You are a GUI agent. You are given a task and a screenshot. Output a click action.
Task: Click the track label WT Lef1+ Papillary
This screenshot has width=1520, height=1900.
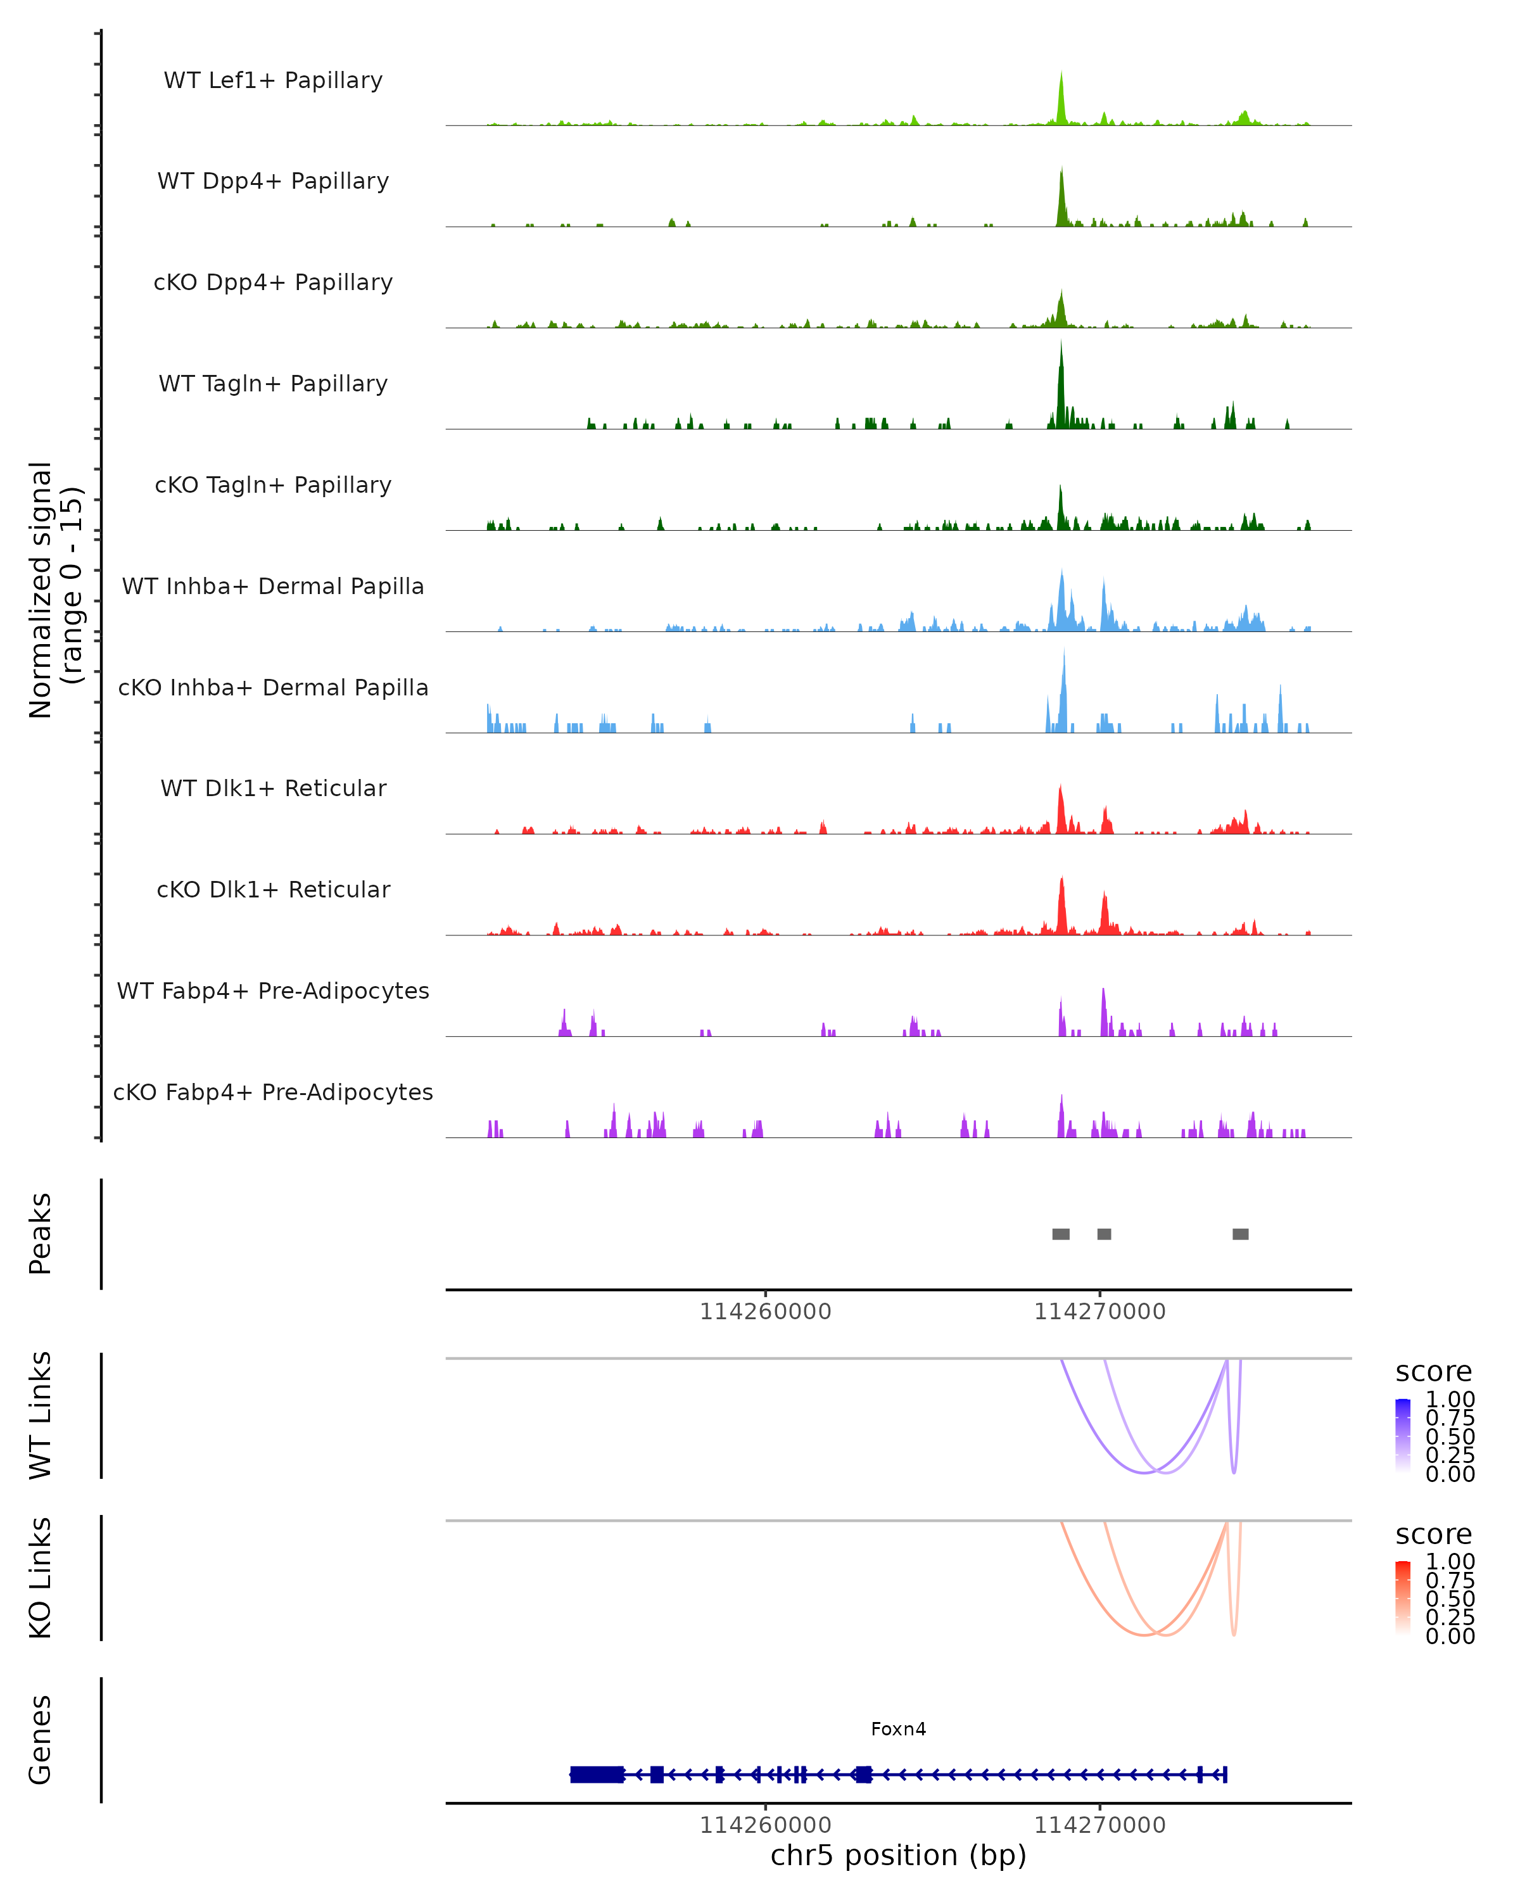[x=273, y=80]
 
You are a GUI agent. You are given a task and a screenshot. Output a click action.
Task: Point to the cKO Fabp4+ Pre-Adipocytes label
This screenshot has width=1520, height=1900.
[x=273, y=1092]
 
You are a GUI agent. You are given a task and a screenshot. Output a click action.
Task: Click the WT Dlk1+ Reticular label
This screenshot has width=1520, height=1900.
[x=273, y=788]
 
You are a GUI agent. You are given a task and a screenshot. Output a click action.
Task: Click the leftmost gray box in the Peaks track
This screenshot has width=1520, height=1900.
[x=1061, y=1234]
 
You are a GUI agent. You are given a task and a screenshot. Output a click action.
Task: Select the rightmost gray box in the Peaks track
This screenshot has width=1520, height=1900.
[x=1240, y=1234]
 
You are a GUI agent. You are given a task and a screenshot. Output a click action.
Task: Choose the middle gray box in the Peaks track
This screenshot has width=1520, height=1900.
[x=1104, y=1234]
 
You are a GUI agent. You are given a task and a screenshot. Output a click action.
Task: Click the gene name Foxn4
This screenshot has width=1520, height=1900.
[x=898, y=1729]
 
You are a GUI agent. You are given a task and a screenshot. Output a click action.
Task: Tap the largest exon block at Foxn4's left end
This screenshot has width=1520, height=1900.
[x=597, y=1775]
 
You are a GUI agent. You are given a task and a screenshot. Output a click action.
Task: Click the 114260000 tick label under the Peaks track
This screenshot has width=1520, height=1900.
[x=765, y=1312]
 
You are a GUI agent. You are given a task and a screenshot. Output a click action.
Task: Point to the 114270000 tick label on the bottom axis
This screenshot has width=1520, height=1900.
[x=1099, y=1825]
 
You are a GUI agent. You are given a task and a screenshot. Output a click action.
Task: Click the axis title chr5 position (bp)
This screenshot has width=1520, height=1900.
[x=898, y=1855]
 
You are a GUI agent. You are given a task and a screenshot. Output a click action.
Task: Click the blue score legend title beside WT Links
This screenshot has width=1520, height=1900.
[x=1433, y=1371]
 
